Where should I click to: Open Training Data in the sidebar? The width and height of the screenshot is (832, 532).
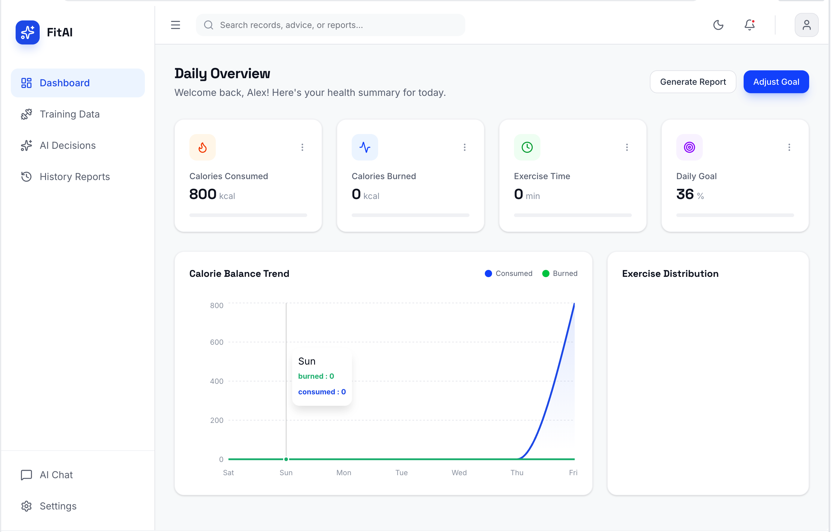69,114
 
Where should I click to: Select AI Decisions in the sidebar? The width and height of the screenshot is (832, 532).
68,145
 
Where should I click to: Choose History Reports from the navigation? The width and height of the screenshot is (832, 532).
75,177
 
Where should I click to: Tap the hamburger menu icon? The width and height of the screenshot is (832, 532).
176,25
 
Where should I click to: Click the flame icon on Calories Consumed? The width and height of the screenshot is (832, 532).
203,148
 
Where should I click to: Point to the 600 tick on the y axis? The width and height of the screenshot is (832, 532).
217,343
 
